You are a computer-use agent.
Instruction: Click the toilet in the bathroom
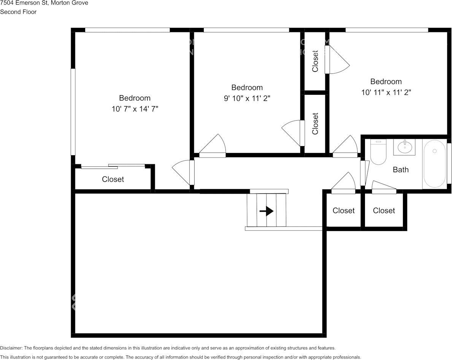(x=378, y=152)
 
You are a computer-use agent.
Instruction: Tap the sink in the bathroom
(x=404, y=147)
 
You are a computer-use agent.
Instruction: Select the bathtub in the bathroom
(x=435, y=164)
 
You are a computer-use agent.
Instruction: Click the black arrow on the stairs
(x=266, y=211)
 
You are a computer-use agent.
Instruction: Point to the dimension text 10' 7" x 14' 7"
(x=135, y=109)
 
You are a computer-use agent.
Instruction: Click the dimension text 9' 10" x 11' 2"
(x=247, y=99)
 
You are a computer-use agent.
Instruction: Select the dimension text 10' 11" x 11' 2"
(x=386, y=92)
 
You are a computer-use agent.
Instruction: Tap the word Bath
(x=401, y=170)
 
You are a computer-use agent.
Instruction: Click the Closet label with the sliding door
(x=113, y=179)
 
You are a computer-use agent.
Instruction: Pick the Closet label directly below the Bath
(x=384, y=210)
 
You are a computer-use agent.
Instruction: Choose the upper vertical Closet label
(x=315, y=61)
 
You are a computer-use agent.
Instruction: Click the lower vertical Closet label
(x=315, y=124)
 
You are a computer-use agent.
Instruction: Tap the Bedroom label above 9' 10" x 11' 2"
(x=247, y=88)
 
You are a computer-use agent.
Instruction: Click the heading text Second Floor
(x=18, y=12)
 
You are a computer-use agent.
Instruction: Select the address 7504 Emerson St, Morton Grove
(x=44, y=3)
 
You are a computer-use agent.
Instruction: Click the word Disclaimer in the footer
(x=11, y=348)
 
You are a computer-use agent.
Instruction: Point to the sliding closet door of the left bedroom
(x=113, y=166)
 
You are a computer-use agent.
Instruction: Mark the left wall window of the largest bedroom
(x=73, y=112)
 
